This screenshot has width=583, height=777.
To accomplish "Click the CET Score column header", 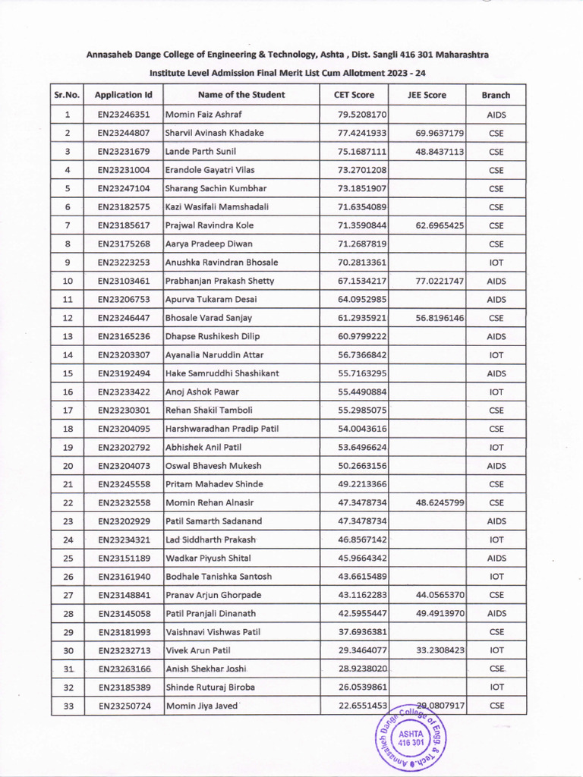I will click(354, 95).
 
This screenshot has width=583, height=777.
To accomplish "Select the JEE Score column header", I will click(427, 95).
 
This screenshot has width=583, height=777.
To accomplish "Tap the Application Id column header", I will click(124, 95).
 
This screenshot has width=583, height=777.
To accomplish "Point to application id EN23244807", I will click(124, 133).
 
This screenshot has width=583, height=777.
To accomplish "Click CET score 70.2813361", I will click(362, 263).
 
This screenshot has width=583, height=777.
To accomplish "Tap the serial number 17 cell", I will click(68, 411).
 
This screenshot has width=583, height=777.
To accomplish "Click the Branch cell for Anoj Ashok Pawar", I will click(496, 392).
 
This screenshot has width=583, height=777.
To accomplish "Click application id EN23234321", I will click(124, 540).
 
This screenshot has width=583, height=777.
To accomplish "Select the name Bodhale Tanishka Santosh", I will click(219, 577).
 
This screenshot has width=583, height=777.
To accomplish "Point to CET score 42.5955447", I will click(362, 614).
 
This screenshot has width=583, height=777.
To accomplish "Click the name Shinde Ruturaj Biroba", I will click(210, 687).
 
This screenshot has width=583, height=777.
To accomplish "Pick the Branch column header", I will click(496, 95).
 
